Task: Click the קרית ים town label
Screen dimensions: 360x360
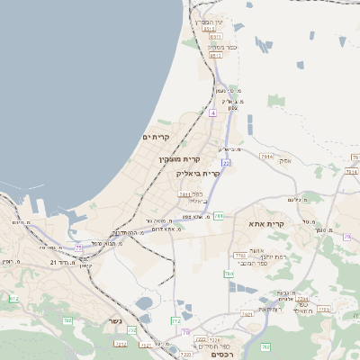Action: tap(156, 136)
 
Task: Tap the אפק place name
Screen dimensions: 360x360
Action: tap(284, 159)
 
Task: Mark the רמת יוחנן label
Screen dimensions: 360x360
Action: tap(260, 256)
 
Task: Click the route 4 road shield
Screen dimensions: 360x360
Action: tap(212, 113)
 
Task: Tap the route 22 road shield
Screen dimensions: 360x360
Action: tap(226, 163)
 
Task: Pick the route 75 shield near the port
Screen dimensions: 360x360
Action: tap(79, 247)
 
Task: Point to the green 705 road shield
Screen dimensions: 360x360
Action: tap(67, 320)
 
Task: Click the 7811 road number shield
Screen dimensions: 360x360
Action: tap(185, 193)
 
